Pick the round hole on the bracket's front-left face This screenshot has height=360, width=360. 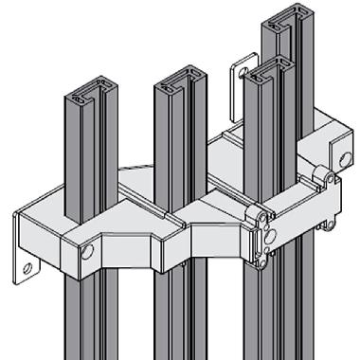[87, 252]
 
